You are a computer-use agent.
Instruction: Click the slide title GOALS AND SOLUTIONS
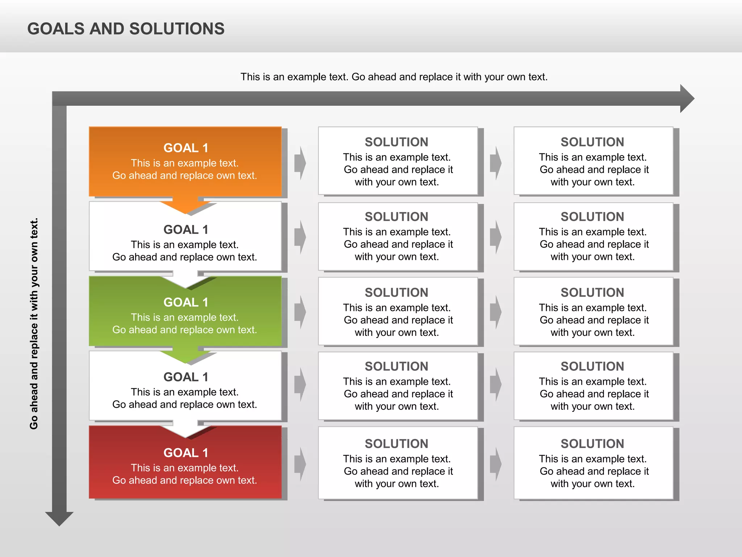coord(126,29)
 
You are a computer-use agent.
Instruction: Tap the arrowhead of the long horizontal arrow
coord(686,99)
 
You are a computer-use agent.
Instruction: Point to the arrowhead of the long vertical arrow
coord(59,518)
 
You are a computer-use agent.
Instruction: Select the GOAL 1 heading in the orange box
coord(185,148)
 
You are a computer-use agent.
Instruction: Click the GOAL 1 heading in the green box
coord(185,302)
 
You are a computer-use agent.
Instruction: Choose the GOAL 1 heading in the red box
coord(185,453)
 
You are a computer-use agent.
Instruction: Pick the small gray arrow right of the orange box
coord(300,163)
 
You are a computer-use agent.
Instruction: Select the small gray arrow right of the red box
coord(300,464)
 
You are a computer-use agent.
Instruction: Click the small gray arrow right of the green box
coord(300,312)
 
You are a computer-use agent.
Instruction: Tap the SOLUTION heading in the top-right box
coord(592,142)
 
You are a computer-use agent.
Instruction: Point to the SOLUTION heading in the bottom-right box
coord(592,443)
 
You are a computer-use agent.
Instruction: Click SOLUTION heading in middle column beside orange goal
coord(396,142)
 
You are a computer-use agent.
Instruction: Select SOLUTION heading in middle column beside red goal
coord(396,443)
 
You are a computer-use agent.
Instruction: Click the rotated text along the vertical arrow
coord(34,323)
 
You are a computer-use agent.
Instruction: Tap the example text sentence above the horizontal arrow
coord(394,77)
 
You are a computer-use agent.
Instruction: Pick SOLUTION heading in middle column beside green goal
coord(396,292)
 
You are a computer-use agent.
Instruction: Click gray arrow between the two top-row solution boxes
coord(496,163)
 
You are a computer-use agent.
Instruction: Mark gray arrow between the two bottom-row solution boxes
coord(496,464)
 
